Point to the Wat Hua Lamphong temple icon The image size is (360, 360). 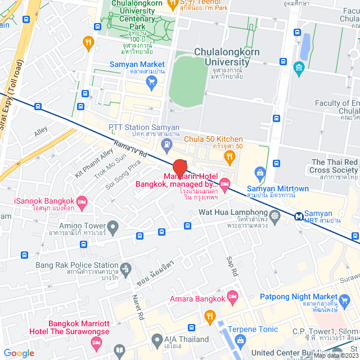[x=274, y=215]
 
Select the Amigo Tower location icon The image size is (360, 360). [x=113, y=228]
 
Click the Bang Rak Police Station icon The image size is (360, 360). [x=125, y=269]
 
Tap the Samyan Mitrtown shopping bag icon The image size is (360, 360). [x=259, y=172]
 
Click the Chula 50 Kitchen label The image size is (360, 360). [x=214, y=139]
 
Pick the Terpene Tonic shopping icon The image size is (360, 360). [x=240, y=340]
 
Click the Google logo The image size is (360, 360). [x=19, y=353]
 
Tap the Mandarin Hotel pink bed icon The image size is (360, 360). [x=225, y=183]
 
